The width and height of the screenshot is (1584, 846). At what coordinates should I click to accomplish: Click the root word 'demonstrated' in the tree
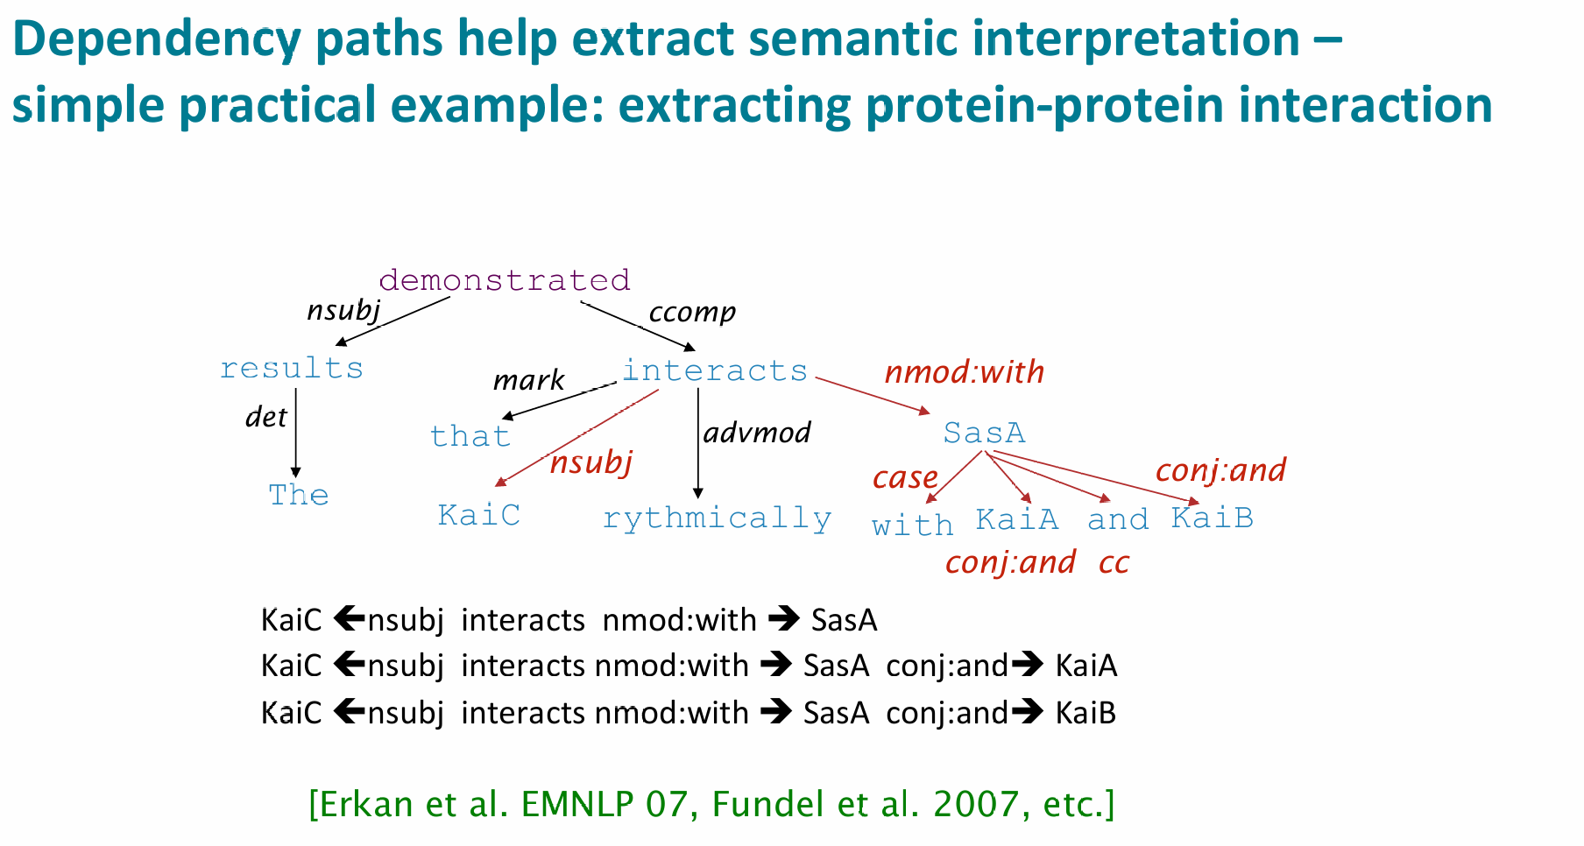[x=505, y=280]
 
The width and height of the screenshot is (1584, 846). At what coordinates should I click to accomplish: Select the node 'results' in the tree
[x=292, y=368]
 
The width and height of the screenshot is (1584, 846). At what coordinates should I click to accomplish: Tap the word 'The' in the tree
[x=299, y=495]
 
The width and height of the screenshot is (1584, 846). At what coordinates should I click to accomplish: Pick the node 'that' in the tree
[x=470, y=436]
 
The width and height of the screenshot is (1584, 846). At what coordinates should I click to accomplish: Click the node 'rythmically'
[x=718, y=518]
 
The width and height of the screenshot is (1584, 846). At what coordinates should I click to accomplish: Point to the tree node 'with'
[x=912, y=525]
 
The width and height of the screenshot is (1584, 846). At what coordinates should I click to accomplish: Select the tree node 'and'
[x=1118, y=519]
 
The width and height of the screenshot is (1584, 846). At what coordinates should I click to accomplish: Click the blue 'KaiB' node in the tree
[x=1213, y=518]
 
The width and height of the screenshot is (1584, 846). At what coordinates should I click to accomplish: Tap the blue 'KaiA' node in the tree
[x=1017, y=519]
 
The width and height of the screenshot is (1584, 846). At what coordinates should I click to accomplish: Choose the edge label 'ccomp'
[x=692, y=313]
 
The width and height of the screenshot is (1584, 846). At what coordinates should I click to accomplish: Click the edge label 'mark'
[x=529, y=380]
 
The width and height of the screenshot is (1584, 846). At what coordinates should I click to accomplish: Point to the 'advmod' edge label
[x=757, y=432]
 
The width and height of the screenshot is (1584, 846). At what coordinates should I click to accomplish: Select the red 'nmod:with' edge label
[x=965, y=372]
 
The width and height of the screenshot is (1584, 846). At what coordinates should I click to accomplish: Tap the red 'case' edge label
[x=905, y=478]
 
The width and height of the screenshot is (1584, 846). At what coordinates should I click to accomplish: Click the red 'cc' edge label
[x=1114, y=563]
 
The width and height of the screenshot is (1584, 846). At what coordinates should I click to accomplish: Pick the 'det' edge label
[x=266, y=417]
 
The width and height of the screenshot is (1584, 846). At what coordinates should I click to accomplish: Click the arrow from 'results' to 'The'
[x=296, y=432]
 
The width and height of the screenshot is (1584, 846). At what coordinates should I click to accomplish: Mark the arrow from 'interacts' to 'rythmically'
[x=698, y=443]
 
